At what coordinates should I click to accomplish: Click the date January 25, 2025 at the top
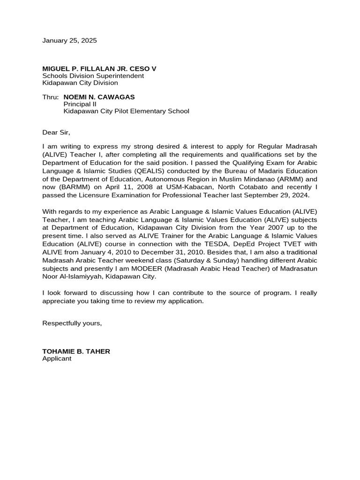point(69,41)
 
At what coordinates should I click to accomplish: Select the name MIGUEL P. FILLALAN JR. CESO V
point(99,69)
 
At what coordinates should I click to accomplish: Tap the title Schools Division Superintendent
point(93,76)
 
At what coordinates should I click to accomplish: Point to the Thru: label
point(51,97)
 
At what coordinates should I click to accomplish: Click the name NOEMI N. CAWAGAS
point(99,97)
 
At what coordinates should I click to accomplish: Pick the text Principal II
point(80,104)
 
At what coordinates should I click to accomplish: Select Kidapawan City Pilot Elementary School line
point(126,111)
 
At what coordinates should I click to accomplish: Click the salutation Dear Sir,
point(56,133)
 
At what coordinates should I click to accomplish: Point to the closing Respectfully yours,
point(72,323)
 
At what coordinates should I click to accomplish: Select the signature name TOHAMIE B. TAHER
point(76,351)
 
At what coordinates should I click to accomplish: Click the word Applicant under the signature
point(57,359)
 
